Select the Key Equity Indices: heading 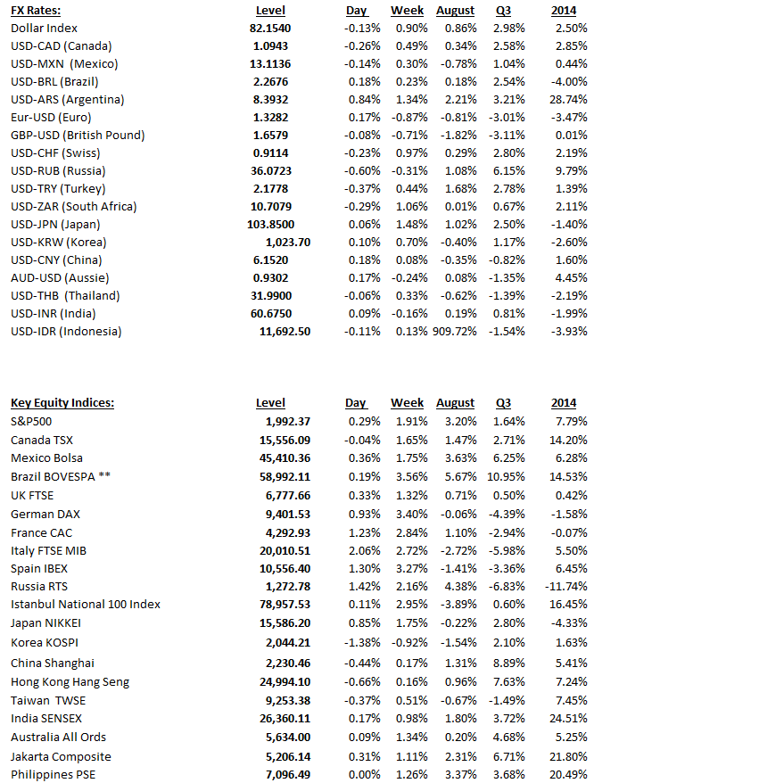tap(62, 403)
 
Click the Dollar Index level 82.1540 tap(270, 29)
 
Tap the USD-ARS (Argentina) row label tap(68, 100)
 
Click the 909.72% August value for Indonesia tap(456, 332)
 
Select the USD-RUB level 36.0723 tap(270, 171)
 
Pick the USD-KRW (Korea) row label tap(58, 243)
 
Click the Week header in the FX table tap(407, 11)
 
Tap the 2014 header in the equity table tap(564, 403)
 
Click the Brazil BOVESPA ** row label tap(61, 476)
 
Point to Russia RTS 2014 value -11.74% tap(566, 586)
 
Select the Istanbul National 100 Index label tap(86, 605)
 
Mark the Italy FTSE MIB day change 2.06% tap(362, 550)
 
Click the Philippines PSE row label tap(53, 774)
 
